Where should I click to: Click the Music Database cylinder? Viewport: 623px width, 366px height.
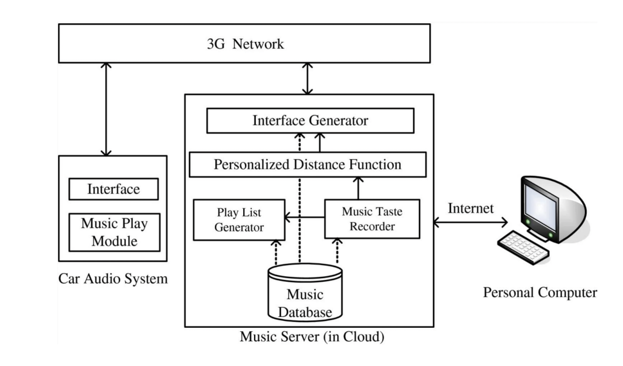(x=305, y=292)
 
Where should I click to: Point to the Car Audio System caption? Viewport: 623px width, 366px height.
(x=113, y=278)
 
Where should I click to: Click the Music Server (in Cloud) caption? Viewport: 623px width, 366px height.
(x=312, y=336)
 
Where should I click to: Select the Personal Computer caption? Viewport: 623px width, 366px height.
(x=540, y=292)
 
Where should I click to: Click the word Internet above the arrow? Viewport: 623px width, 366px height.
(x=470, y=208)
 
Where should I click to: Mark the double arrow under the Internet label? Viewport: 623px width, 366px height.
(x=470, y=222)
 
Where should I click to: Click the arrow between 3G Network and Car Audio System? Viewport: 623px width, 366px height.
(x=106, y=109)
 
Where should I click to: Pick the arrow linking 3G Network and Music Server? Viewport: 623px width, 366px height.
(x=307, y=79)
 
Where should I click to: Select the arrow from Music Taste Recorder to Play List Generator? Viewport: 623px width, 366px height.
(x=305, y=217)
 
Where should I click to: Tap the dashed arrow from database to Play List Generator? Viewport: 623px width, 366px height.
(x=276, y=252)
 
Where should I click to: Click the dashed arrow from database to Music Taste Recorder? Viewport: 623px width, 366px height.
(x=338, y=251)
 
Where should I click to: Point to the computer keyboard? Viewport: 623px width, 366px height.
(x=523, y=247)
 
